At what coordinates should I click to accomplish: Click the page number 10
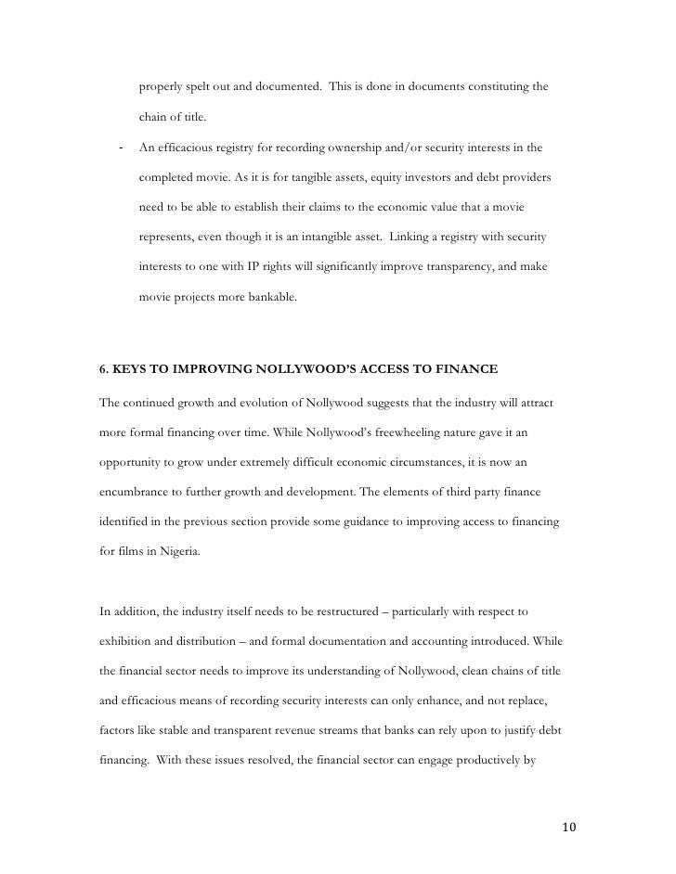point(568,827)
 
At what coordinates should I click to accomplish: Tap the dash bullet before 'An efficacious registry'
point(122,147)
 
